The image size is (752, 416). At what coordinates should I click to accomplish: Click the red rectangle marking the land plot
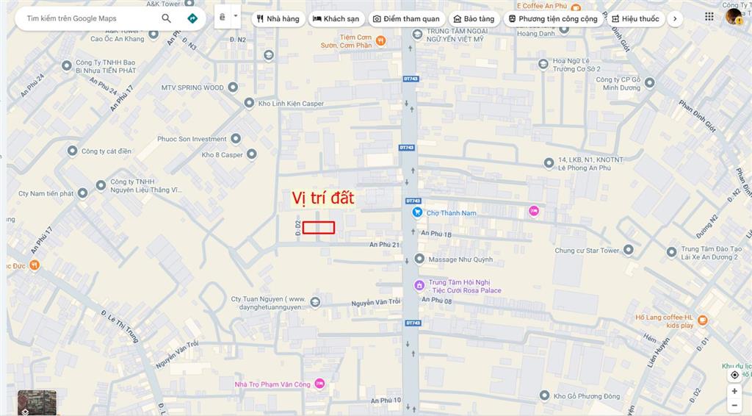[x=319, y=228]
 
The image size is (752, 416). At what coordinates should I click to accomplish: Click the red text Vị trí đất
[x=323, y=198]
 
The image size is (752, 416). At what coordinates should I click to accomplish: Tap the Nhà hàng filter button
[x=278, y=18]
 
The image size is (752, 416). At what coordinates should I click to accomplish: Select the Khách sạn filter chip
[x=336, y=18]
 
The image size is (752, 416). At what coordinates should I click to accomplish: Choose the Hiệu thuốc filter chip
[x=635, y=18]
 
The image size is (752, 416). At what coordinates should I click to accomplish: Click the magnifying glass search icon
[x=167, y=18]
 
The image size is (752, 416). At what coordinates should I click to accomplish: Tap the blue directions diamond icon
[x=192, y=18]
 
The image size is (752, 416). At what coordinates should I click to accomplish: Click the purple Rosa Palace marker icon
[x=419, y=285]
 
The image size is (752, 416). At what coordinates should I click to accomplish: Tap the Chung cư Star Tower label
[x=587, y=251]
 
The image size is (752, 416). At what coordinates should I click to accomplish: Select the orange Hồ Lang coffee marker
[x=703, y=320]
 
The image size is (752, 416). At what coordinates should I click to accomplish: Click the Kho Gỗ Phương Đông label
[x=587, y=396]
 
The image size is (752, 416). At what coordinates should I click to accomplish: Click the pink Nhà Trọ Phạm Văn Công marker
[x=319, y=384]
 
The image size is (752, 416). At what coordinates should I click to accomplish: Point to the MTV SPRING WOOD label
[x=192, y=87]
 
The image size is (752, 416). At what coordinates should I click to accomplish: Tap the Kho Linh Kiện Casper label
[x=291, y=104]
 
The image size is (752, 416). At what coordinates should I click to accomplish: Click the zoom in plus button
[x=734, y=391]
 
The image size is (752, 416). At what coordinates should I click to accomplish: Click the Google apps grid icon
[x=709, y=16]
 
